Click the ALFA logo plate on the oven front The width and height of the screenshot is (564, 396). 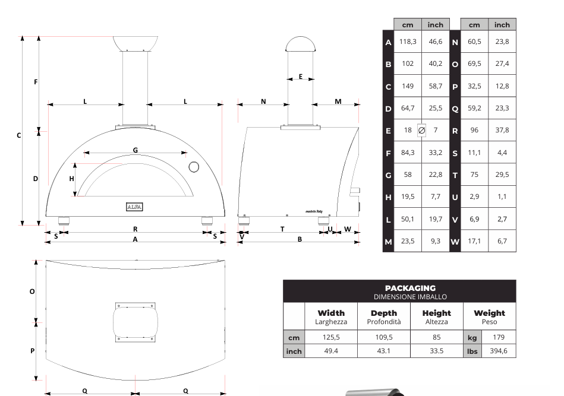click(x=135, y=207)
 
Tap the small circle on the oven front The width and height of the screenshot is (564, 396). click(x=194, y=167)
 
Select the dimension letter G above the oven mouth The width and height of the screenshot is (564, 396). click(x=135, y=150)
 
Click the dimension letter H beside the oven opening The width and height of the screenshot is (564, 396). click(x=72, y=179)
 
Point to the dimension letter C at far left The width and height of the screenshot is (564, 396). click(x=19, y=135)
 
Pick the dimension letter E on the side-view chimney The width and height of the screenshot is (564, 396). click(x=301, y=77)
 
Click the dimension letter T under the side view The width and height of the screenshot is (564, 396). click(x=282, y=229)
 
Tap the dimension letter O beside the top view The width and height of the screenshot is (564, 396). click(x=33, y=292)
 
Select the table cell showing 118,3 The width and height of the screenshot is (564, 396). click(x=408, y=42)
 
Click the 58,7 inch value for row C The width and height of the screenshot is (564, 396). click(x=436, y=86)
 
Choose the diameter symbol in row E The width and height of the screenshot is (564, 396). click(x=421, y=130)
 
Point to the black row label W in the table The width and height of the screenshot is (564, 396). click(x=455, y=242)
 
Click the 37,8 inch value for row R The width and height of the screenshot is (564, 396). click(x=502, y=130)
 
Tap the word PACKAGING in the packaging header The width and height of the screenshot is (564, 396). click(x=410, y=288)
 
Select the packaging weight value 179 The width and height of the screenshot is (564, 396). click(x=499, y=337)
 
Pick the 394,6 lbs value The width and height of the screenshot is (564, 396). click(x=499, y=351)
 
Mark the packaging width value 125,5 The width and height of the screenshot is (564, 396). click(x=331, y=337)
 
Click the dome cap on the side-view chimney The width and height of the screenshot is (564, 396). click(x=301, y=45)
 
